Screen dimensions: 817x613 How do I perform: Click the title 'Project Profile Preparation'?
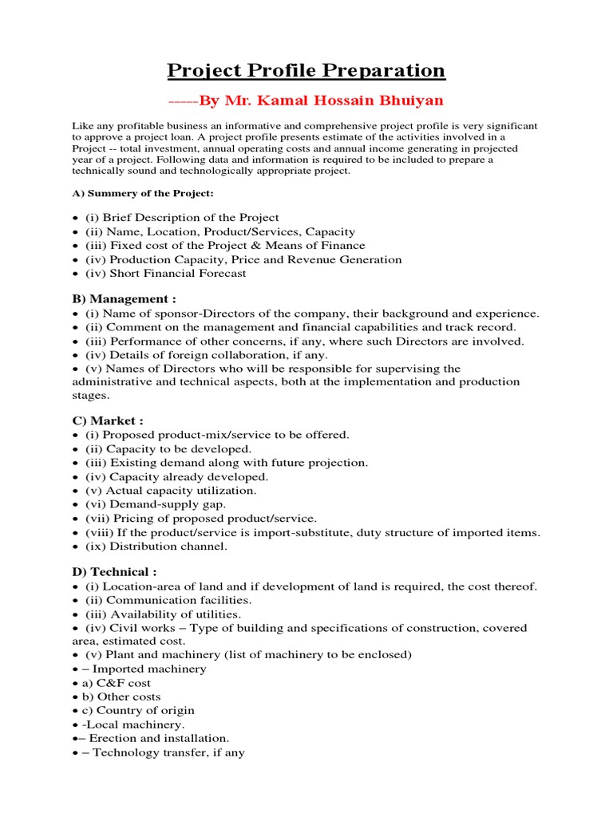306,70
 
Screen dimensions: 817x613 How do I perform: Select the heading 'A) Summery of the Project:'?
143,193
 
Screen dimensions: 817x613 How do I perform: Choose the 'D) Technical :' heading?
115,572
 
